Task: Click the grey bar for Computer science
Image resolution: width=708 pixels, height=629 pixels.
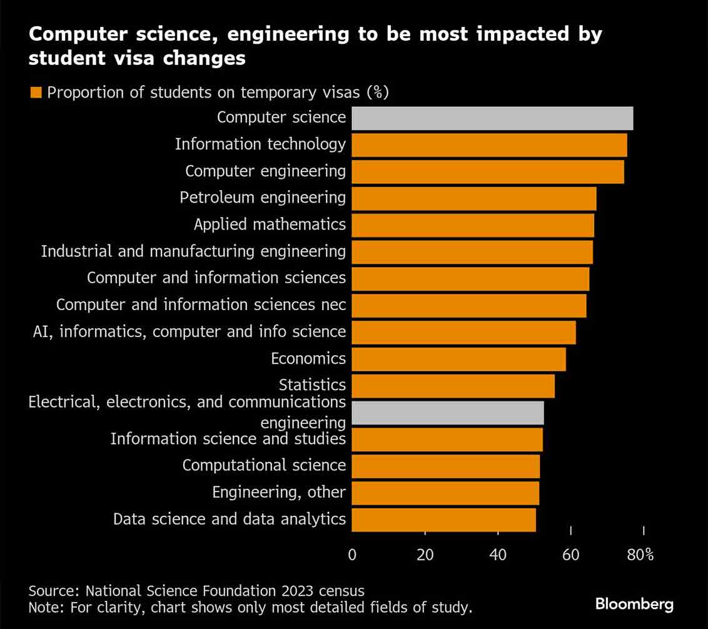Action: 492,118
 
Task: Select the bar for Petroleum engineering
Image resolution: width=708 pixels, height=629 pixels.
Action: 474,198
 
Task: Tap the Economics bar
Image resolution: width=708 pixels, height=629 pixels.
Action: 458,359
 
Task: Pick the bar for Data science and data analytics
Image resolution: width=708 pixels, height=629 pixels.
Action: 443,520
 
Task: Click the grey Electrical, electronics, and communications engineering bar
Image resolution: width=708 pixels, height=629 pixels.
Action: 448,413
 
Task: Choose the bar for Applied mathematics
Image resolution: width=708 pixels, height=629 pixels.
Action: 473,225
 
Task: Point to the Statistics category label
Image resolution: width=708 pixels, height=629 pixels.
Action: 312,385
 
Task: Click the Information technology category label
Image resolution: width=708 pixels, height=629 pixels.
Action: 260,144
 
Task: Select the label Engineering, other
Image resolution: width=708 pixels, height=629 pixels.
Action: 278,493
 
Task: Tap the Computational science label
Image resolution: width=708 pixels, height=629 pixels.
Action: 264,466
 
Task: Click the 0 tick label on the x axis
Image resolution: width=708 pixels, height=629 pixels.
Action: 352,555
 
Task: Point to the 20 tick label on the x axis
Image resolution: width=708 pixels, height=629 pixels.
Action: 425,555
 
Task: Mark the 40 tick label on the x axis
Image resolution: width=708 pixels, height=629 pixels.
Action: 498,555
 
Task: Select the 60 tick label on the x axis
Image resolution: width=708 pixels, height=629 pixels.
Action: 571,555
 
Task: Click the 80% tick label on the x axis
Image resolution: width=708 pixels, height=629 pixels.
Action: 640,555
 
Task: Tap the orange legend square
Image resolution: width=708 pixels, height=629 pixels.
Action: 36,93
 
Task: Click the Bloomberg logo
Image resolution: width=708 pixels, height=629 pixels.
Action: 634,605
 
